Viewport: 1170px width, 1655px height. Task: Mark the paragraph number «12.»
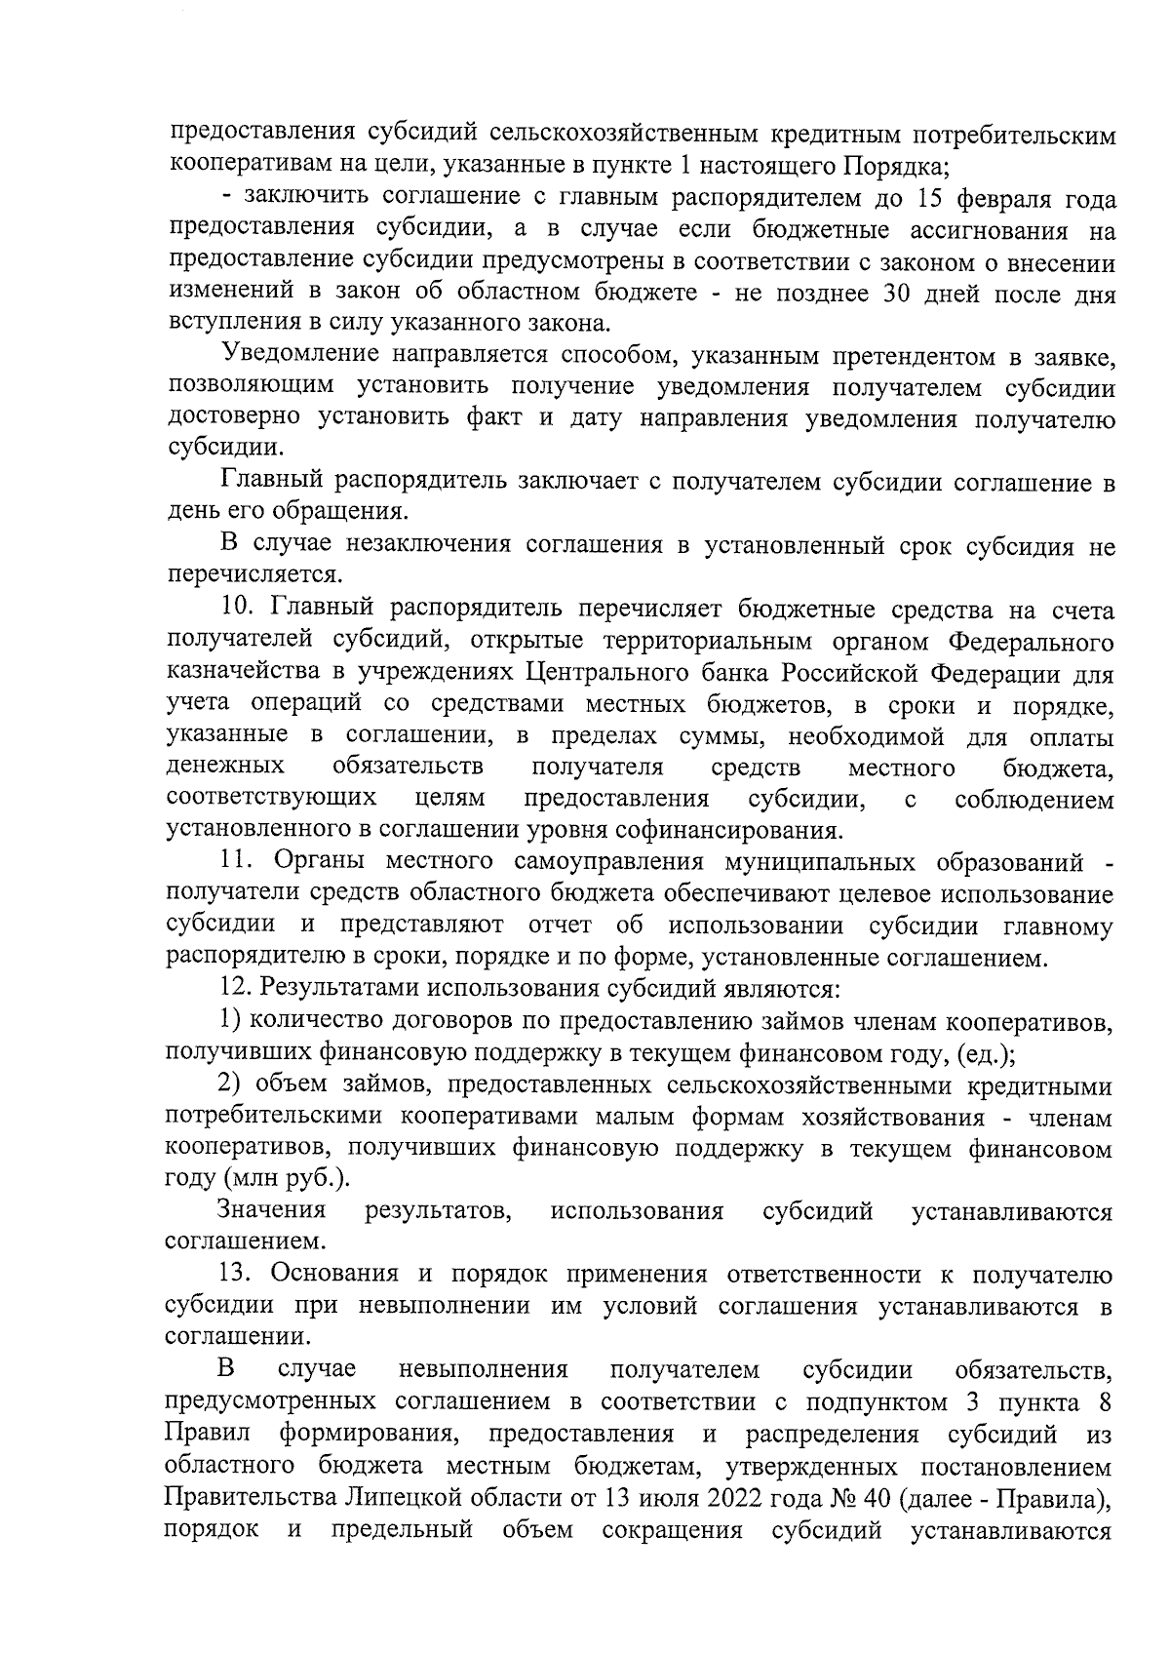236,989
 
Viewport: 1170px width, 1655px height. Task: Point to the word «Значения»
271,1211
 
